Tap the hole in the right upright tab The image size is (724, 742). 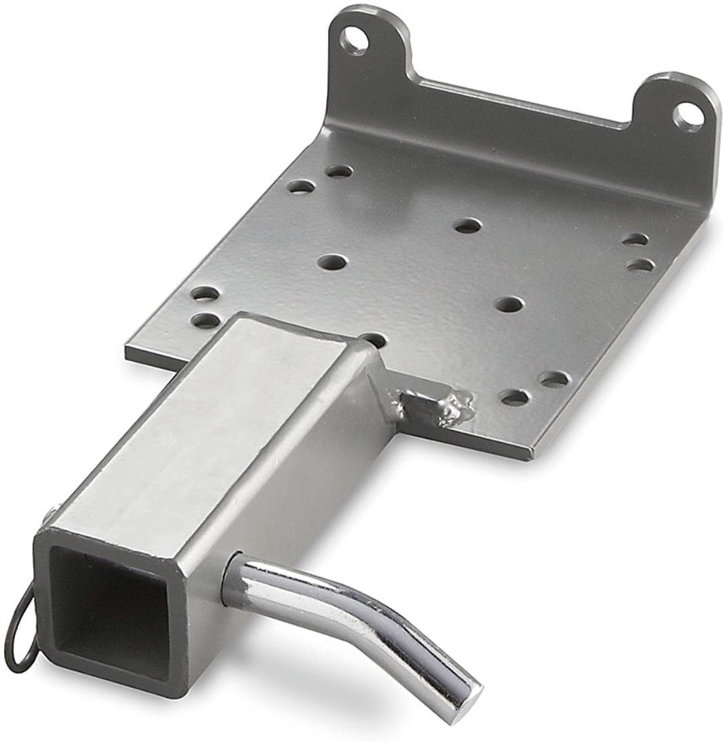pyautogui.click(x=688, y=116)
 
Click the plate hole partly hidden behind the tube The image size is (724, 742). pyautogui.click(x=374, y=339)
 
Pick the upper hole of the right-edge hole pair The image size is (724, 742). pyautogui.click(x=635, y=239)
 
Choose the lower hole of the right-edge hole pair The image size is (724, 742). pyautogui.click(x=641, y=265)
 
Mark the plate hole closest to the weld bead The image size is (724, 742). pyautogui.click(x=515, y=397)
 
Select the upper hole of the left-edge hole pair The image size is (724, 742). pyautogui.click(x=205, y=294)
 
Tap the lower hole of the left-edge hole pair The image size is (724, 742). pyautogui.click(x=206, y=320)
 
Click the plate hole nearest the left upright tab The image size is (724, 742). pyautogui.click(x=339, y=170)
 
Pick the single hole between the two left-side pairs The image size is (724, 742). pyautogui.click(x=333, y=261)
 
